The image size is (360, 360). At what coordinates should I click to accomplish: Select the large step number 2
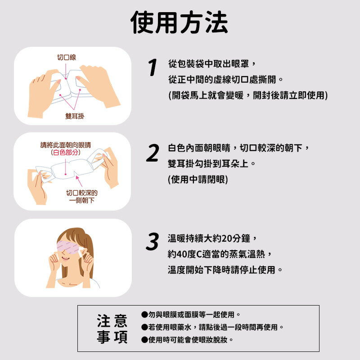153,153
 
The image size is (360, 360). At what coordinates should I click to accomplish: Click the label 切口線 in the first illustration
66,58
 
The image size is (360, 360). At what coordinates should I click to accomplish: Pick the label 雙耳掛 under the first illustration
74,116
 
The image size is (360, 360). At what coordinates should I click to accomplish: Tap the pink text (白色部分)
66,153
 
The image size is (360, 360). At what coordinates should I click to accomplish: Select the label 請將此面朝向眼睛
66,145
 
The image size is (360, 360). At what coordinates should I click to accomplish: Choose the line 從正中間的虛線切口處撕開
225,80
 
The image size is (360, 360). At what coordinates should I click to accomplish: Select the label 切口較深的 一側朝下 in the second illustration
81,196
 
